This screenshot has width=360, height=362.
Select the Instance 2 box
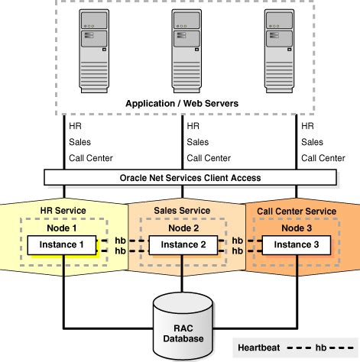point(178,244)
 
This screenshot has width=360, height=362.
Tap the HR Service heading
point(63,211)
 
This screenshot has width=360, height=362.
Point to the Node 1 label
point(63,227)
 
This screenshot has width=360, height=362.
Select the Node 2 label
point(178,227)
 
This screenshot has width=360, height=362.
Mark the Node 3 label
point(294,227)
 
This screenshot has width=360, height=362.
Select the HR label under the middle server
point(193,126)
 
